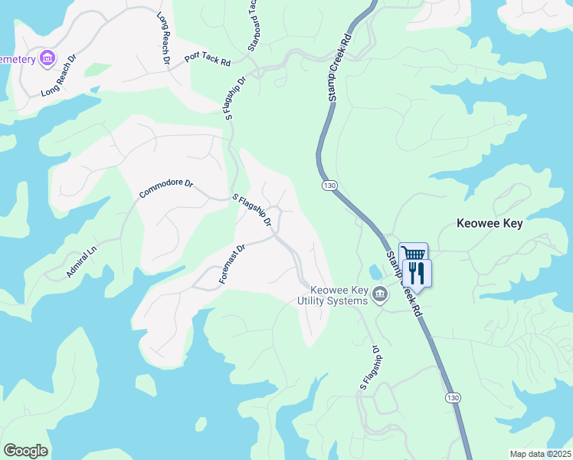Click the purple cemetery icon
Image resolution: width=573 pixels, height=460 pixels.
pos(47,58)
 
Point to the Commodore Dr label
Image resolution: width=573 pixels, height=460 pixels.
pos(165,184)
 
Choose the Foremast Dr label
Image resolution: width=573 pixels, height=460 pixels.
pos(231,264)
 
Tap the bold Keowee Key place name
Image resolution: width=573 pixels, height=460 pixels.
pos(489,224)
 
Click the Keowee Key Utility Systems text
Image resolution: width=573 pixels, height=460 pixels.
pos(332,295)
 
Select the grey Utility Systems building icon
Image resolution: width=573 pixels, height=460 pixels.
pos(379,294)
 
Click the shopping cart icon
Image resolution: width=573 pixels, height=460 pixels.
pos(413,255)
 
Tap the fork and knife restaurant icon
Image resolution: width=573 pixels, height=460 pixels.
pos(417,272)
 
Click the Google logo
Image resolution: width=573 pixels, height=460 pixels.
pos(25,451)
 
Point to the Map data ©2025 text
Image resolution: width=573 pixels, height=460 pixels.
pos(539,454)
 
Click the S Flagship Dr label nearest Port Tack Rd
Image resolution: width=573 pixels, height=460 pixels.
pos(235,97)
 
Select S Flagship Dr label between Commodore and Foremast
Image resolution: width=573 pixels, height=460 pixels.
pos(253,210)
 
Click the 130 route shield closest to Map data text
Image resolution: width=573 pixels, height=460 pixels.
pos(453,397)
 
